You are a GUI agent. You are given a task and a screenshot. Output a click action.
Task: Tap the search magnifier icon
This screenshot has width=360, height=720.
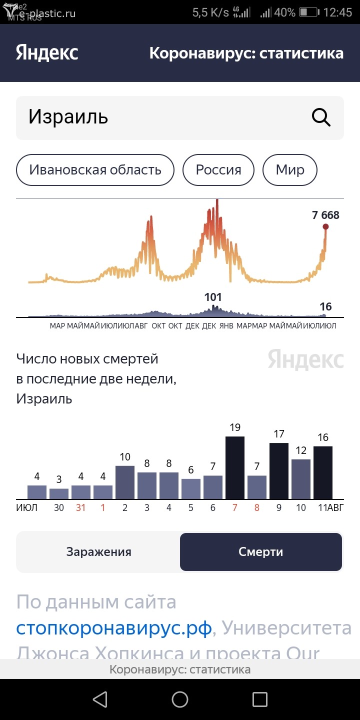(321, 117)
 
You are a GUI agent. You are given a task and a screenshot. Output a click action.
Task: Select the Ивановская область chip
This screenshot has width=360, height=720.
(95, 170)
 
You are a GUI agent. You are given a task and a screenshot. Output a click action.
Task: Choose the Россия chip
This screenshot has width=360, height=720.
(218, 170)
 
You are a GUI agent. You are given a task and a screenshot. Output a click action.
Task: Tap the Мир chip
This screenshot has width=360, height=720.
(290, 170)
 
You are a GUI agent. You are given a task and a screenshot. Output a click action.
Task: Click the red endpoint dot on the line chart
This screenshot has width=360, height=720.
(325, 227)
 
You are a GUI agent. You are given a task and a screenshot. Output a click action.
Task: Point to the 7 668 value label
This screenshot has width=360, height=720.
(325, 215)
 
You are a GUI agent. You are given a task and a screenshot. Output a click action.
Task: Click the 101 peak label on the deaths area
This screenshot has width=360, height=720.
(213, 297)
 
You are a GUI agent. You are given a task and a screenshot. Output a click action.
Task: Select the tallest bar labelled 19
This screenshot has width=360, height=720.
(235, 467)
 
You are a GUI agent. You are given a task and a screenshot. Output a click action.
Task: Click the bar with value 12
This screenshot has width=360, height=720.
(301, 479)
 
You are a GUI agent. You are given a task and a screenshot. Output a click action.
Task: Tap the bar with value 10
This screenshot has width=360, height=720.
(125, 482)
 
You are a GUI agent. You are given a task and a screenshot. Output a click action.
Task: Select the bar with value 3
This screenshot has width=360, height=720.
(59, 493)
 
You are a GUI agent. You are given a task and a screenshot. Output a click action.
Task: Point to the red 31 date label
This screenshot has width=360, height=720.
(81, 508)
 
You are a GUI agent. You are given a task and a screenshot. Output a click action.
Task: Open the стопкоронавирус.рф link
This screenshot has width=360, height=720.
(114, 627)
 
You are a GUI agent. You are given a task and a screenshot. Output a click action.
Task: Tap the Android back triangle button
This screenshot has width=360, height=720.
(100, 699)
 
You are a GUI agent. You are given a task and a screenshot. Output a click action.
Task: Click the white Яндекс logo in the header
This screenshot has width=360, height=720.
(47, 53)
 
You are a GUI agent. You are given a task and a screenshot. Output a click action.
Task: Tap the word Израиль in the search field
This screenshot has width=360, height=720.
(68, 117)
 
